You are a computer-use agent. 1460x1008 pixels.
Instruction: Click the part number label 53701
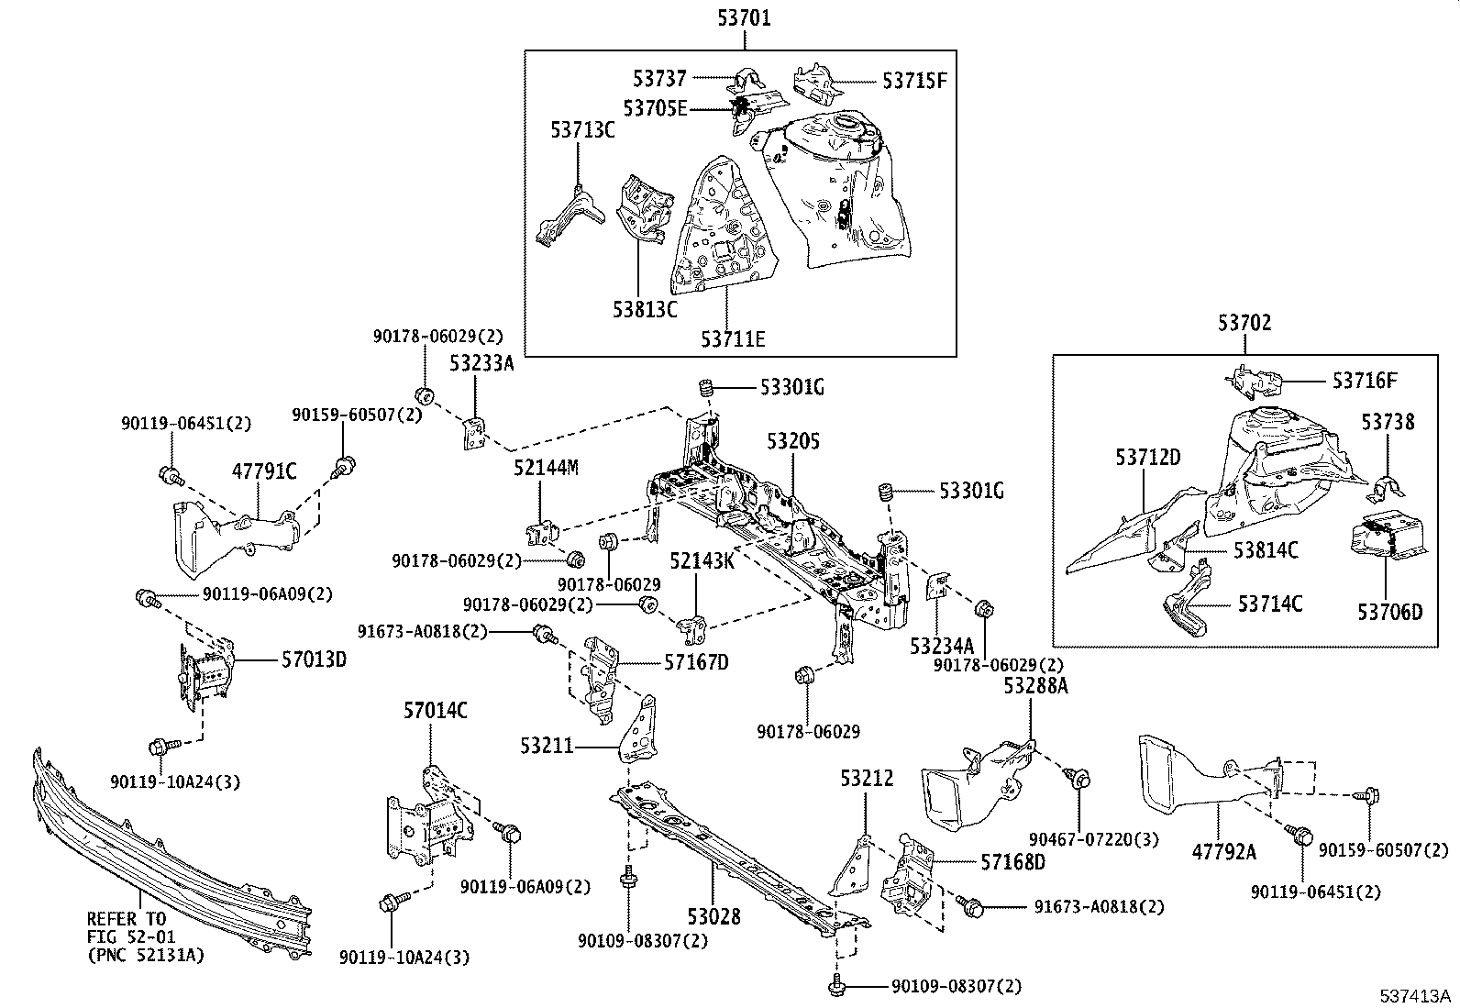744,17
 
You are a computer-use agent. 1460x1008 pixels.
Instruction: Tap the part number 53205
793,441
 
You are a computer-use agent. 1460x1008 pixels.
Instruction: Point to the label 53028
713,915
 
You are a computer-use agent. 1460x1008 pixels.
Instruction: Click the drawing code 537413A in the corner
1416,995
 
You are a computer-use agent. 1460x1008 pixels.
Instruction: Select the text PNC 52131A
147,955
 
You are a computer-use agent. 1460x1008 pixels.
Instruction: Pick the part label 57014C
436,709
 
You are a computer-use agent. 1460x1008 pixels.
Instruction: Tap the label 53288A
1035,686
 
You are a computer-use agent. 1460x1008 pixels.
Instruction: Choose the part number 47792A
1223,851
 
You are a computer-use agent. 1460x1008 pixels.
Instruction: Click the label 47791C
264,471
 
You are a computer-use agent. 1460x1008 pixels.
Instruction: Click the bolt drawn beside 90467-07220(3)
1078,780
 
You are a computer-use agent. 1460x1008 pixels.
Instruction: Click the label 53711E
733,338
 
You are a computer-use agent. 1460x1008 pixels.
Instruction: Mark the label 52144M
546,468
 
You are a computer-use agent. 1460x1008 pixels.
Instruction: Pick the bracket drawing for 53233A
474,432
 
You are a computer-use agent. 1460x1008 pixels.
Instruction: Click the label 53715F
914,81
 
